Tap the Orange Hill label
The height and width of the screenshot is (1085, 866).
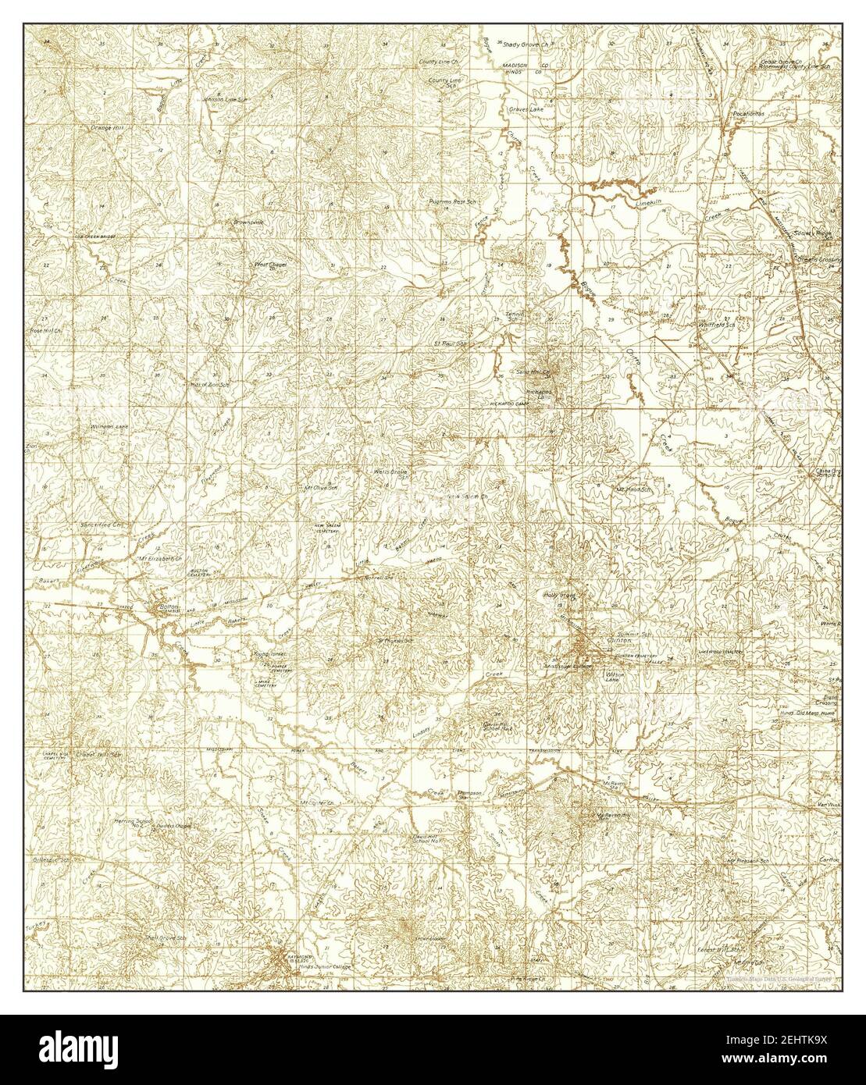(108, 126)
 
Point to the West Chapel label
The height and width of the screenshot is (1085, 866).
(270, 265)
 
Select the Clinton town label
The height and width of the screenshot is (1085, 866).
(614, 640)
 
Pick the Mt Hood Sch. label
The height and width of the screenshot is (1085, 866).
(633, 489)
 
